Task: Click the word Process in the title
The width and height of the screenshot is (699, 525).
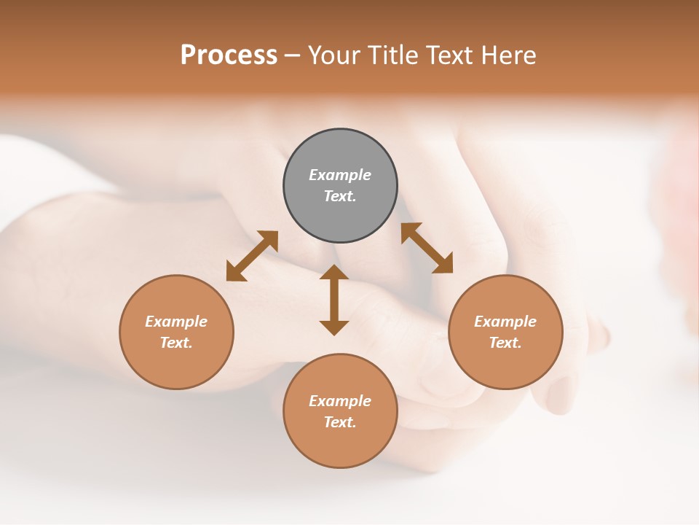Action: (x=229, y=55)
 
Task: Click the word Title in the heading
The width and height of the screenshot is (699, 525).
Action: (x=391, y=55)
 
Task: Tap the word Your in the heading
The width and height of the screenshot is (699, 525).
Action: (x=336, y=55)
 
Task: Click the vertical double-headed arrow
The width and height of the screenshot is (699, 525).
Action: (x=334, y=300)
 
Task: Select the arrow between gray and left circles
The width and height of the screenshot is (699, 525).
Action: (x=252, y=256)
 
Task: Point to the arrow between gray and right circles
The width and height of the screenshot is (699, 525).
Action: (x=427, y=248)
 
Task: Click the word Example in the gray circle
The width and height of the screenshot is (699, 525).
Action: (x=340, y=175)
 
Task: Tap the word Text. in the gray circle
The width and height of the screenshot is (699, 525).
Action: (x=340, y=196)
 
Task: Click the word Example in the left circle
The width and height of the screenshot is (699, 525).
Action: (x=176, y=322)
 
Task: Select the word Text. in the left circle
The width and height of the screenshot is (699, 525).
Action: (x=176, y=343)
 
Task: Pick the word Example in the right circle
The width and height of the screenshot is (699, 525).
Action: (x=505, y=322)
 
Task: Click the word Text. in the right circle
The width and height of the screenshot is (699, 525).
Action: (x=505, y=343)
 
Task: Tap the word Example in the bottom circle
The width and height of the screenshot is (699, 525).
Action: (x=340, y=401)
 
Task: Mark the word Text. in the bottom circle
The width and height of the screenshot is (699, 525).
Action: (x=340, y=422)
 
